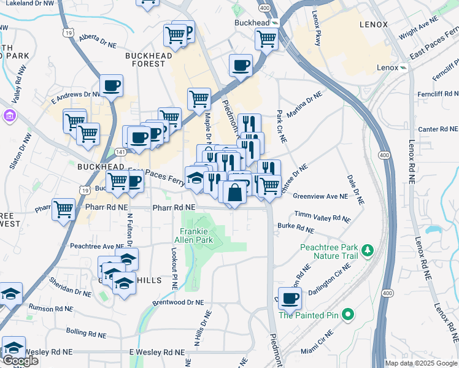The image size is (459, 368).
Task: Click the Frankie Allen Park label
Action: (x=196, y=235)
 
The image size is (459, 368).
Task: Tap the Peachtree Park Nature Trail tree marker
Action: (x=368, y=250)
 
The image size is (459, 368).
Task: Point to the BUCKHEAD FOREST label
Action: (x=149, y=59)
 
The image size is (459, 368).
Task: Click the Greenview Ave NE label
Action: (x=320, y=197)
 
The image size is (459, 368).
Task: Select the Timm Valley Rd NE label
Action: (x=323, y=216)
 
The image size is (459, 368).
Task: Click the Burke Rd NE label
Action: (x=296, y=228)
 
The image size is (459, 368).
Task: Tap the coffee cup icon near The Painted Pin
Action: (x=290, y=299)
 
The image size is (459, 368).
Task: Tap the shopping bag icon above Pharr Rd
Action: (x=235, y=193)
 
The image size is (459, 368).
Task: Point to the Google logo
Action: (x=20, y=361)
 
